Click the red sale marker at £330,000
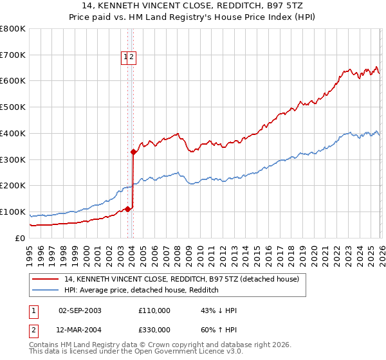[133, 152]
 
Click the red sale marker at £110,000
[127, 209]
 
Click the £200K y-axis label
[14, 186]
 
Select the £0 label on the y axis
[20, 239]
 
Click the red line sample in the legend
[46, 280]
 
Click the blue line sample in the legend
[46, 291]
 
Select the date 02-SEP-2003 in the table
[80, 310]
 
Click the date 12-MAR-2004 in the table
[80, 330]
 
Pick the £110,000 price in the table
[154, 310]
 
